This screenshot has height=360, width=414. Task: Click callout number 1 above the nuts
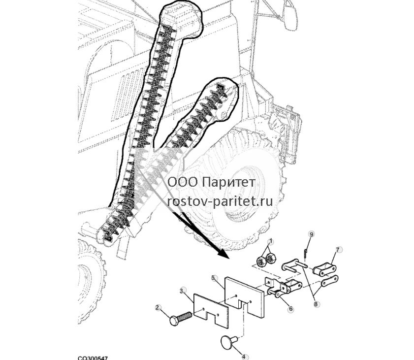click(x=271, y=241)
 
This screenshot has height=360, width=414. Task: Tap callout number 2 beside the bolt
click(x=158, y=307)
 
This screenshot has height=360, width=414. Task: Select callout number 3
click(x=182, y=291)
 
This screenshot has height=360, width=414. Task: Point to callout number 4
click(x=244, y=357)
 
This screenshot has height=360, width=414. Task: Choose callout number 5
click(x=213, y=278)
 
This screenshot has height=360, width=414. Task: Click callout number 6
click(x=291, y=308)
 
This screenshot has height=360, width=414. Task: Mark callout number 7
click(x=338, y=249)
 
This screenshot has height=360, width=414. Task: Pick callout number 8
click(x=316, y=304)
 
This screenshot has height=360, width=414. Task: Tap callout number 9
click(x=312, y=234)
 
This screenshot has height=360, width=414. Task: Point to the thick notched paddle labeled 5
click(x=244, y=295)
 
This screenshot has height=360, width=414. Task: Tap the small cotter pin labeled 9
click(x=306, y=253)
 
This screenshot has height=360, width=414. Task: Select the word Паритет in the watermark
click(x=230, y=183)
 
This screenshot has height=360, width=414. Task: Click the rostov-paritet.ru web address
click(x=220, y=201)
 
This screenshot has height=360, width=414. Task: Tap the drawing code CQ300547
click(x=93, y=358)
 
